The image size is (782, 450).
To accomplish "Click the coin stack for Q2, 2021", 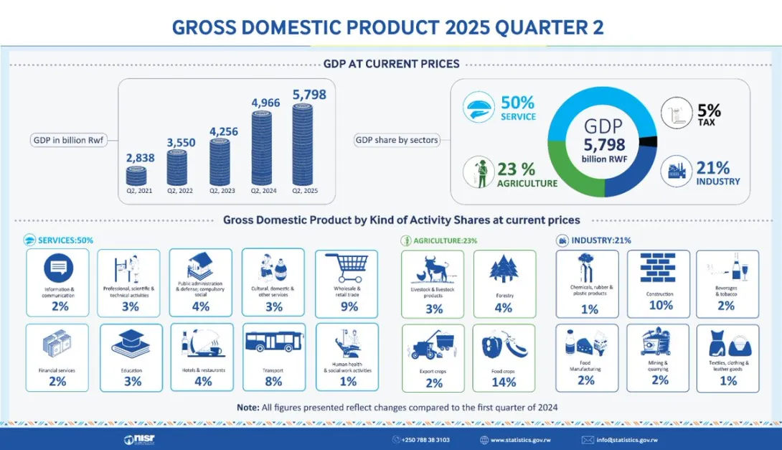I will (x=136, y=176).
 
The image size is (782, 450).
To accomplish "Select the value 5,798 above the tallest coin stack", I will (x=309, y=94).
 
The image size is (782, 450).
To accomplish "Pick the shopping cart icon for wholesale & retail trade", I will (x=347, y=268).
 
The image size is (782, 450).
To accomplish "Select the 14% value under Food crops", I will (x=504, y=383).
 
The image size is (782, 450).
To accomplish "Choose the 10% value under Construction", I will (x=660, y=305).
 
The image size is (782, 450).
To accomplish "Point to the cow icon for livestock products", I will (x=433, y=272).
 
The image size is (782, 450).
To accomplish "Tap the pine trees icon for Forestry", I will (x=504, y=270).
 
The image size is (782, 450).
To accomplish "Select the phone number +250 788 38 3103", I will (x=426, y=439).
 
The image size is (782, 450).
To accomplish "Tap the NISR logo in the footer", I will (x=139, y=439).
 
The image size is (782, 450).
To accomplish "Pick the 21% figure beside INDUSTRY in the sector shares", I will (x=712, y=169).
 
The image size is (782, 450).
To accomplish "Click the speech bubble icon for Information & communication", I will (x=57, y=269).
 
